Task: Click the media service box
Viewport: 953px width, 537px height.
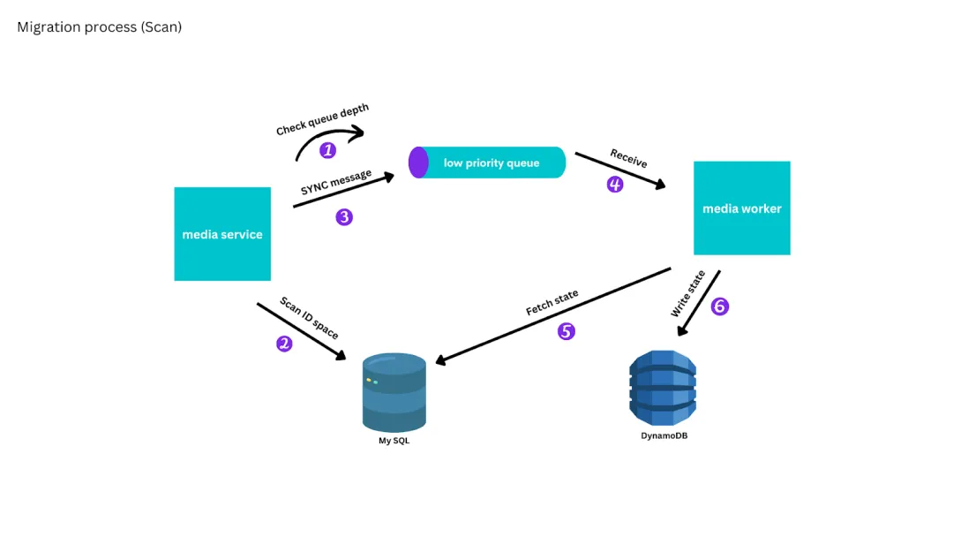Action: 222,234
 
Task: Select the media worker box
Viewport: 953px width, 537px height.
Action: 741,208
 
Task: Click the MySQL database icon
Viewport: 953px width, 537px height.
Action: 394,391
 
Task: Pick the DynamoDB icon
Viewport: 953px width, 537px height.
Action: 663,388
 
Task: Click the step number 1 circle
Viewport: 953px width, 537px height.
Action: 328,150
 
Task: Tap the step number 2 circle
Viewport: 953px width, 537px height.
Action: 284,344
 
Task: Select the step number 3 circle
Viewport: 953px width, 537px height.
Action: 344,217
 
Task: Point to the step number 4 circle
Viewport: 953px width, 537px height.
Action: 615,185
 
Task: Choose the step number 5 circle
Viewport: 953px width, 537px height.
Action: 566,331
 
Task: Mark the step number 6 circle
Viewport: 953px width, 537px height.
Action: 720,306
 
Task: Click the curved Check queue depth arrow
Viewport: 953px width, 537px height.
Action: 328,137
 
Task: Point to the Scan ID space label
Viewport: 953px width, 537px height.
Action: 309,318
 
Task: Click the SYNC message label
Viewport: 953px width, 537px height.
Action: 336,182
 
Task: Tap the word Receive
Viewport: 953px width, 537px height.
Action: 628,158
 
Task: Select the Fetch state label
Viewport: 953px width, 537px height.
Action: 552,303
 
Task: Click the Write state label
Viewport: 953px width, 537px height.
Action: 688,294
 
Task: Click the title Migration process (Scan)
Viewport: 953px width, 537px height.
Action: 99,27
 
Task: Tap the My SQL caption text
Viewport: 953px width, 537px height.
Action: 394,441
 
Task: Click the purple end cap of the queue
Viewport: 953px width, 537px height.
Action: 418,163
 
